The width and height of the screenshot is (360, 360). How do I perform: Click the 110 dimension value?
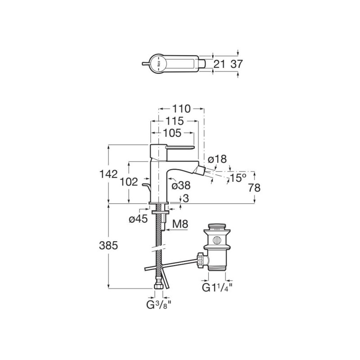181,109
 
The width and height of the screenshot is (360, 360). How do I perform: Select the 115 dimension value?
175,121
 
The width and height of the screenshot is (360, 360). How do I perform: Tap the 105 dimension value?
172,133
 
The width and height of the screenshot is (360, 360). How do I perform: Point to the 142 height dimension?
108,174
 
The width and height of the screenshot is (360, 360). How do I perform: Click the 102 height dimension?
129,182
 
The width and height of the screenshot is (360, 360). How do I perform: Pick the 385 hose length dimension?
108,246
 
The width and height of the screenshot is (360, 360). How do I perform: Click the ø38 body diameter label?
181,185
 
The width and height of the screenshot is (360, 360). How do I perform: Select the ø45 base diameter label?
138,219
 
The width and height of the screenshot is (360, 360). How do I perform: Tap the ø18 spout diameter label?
217,159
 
